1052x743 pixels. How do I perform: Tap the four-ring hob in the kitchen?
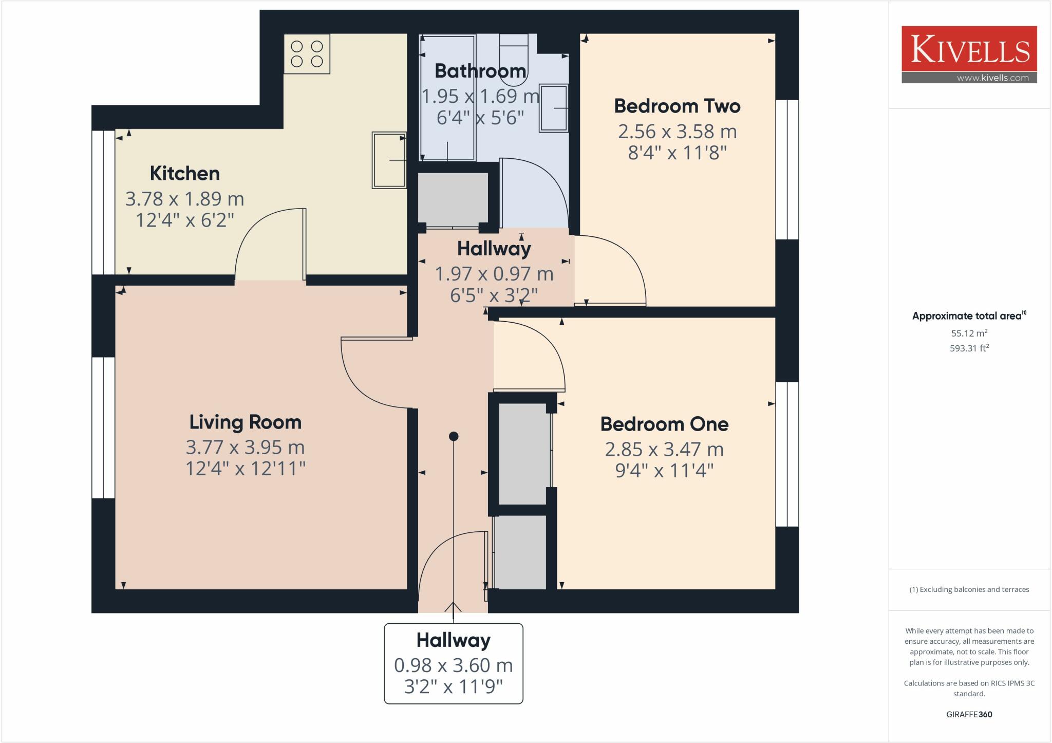point(307,54)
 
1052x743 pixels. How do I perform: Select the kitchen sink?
point(389,160)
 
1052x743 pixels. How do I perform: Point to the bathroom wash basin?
point(553,108)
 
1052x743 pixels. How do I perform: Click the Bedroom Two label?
point(677,106)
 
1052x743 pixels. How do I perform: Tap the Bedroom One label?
point(664,424)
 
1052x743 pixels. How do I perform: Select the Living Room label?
point(245,422)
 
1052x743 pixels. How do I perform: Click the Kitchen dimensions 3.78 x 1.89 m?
point(184,199)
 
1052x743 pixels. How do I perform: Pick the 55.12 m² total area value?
point(969,333)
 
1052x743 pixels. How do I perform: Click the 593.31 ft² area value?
point(969,348)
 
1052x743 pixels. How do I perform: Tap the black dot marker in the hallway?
point(454,436)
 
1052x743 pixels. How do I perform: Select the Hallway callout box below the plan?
point(454,663)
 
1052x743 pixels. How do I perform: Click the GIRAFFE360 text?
point(969,714)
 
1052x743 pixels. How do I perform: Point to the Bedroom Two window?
point(787,170)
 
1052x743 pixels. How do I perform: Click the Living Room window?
point(103,428)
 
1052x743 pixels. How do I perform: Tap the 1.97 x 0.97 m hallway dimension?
point(494,274)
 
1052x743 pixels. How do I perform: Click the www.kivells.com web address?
point(992,78)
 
